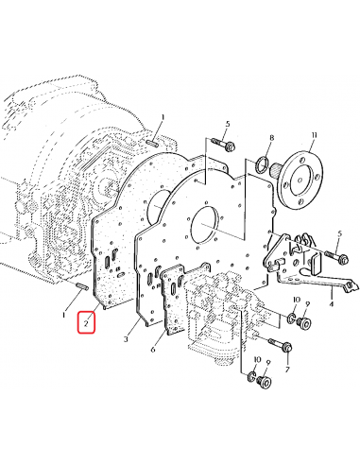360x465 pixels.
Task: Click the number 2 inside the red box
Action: tap(86, 322)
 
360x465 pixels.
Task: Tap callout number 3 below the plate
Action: tap(126, 339)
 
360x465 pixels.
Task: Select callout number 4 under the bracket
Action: tap(332, 304)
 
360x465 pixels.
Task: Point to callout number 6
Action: tap(153, 350)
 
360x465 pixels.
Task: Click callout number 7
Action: tap(287, 370)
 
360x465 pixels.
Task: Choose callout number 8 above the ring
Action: tap(271, 138)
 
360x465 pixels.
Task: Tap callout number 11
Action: tap(314, 135)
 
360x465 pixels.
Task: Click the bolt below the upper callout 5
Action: tap(223, 144)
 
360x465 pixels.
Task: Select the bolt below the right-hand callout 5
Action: tap(336, 256)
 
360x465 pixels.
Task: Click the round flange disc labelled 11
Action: tap(300, 179)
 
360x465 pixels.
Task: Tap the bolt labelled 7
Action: tap(280, 345)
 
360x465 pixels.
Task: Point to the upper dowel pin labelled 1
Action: tap(152, 143)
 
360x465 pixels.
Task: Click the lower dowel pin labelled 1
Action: tap(81, 286)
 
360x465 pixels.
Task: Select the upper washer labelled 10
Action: tap(291, 318)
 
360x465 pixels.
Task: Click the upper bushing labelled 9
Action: tap(304, 323)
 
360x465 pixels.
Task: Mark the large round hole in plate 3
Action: tap(204, 224)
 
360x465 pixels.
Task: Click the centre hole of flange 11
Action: tap(300, 180)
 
